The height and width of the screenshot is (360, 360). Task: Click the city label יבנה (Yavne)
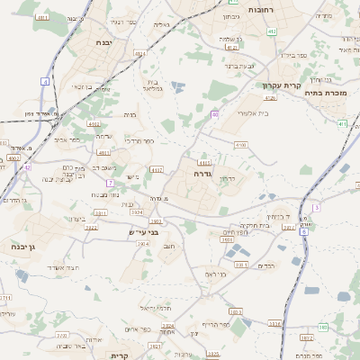[102, 42]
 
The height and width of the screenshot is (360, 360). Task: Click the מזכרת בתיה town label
[325, 92]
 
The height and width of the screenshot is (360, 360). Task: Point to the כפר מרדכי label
[138, 141]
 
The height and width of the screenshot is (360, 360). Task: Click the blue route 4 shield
[45, 82]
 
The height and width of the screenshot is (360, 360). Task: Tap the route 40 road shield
[215, 114]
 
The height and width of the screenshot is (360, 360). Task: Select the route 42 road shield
[27, 166]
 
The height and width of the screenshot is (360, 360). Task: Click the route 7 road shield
[109, 183]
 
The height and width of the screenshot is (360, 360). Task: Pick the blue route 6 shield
[304, 231]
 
